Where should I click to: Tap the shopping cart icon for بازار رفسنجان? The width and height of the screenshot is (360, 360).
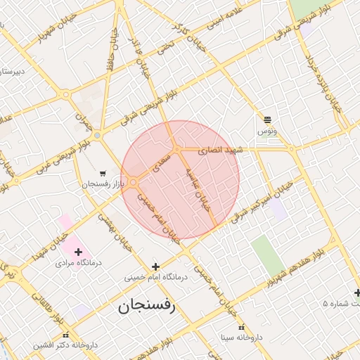coord(103,173)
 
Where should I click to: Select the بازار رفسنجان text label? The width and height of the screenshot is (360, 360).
coord(102,184)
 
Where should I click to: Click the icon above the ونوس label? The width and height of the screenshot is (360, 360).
coord(267,120)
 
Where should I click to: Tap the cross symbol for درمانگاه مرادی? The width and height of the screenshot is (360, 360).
coord(77,252)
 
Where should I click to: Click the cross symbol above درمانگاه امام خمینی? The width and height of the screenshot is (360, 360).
coord(155,266)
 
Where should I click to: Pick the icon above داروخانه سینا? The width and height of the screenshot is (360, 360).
coord(241,327)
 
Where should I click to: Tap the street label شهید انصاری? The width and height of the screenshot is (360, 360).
coord(219,150)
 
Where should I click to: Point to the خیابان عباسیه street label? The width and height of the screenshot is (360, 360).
coord(201,186)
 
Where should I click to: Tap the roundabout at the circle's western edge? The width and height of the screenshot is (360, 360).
coord(133,183)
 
